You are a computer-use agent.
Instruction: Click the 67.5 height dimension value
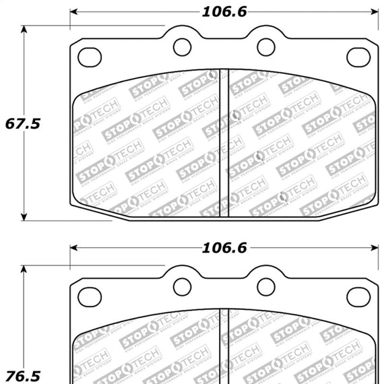point(23,123)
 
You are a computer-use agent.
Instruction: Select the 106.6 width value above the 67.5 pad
point(223,11)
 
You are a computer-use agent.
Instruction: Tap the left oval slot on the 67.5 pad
point(90,57)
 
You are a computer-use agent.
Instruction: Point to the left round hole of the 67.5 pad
point(182,46)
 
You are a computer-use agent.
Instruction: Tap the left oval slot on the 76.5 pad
point(90,294)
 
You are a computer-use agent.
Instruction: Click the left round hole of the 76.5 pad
point(182,286)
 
